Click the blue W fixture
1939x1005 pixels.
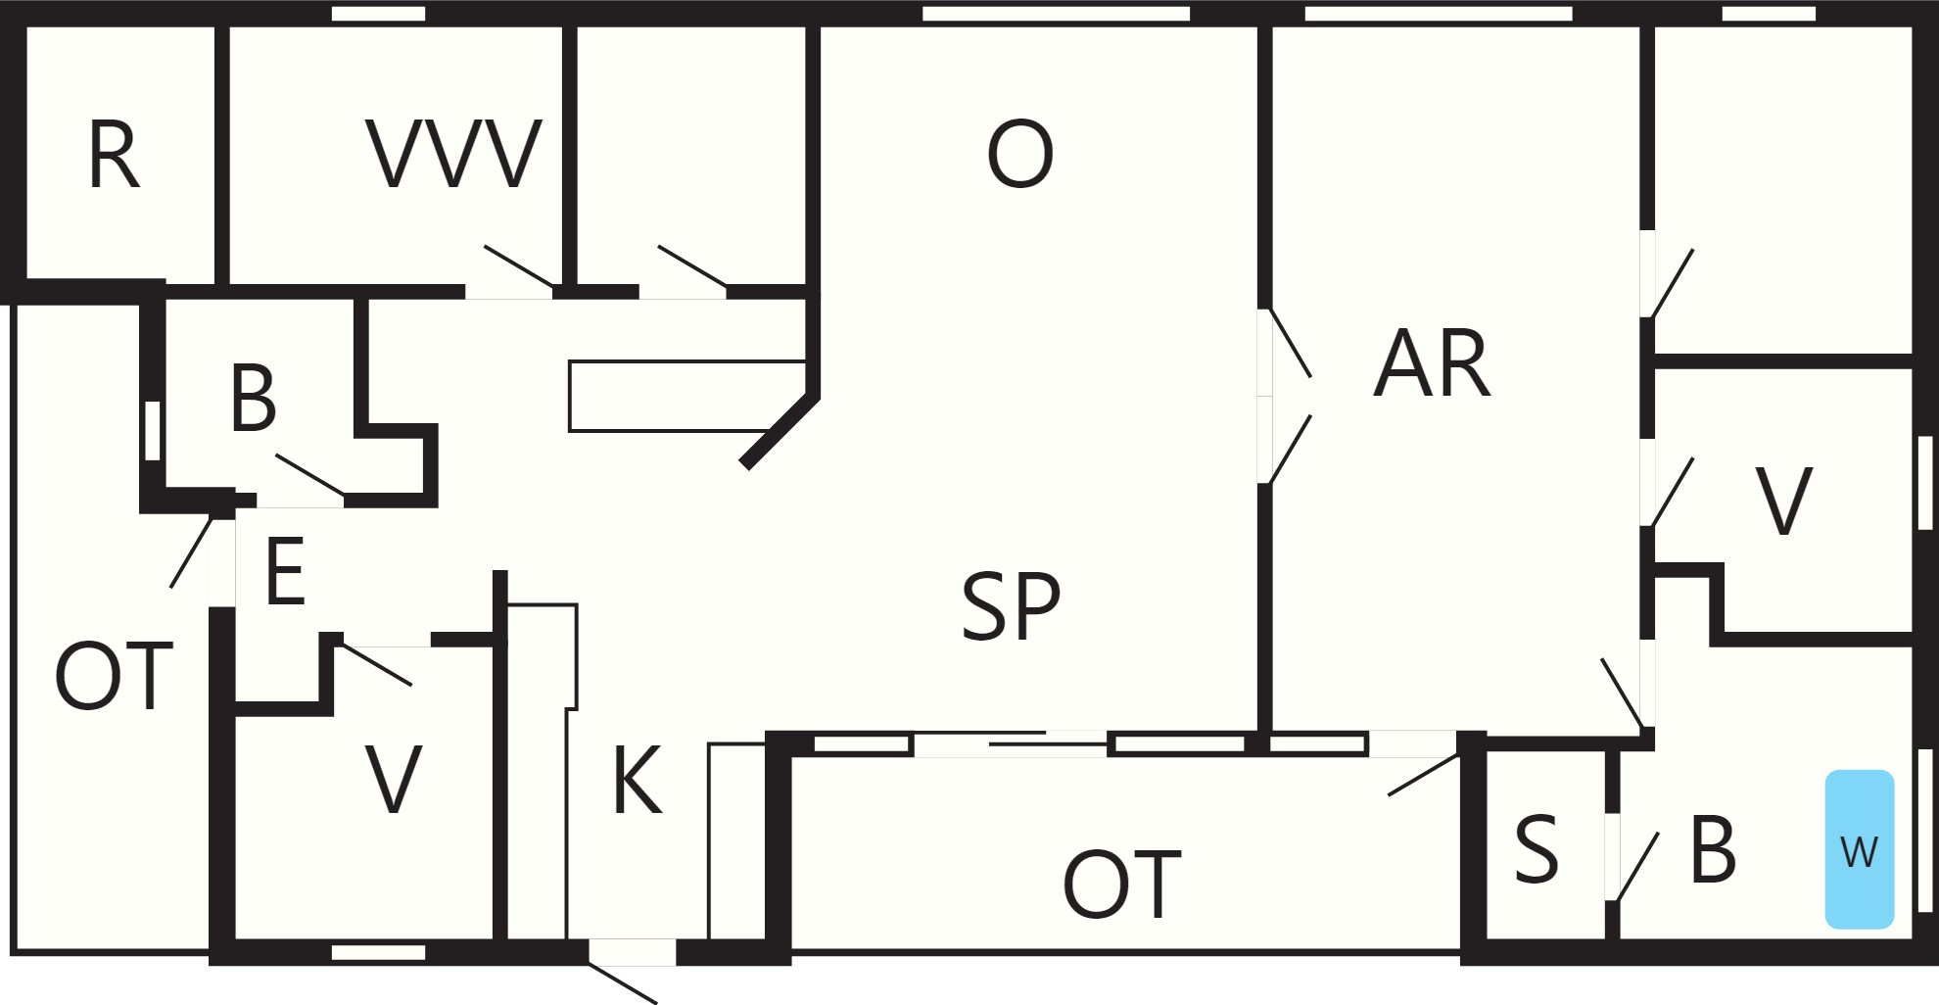click(x=1859, y=849)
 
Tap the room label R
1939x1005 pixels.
click(x=114, y=155)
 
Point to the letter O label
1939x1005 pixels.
click(x=1019, y=154)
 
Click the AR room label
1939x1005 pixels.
click(x=1432, y=363)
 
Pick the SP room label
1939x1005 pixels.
click(x=1011, y=606)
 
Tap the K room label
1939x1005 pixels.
click(x=638, y=780)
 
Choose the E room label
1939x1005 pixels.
click(x=285, y=571)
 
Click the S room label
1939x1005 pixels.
click(x=1536, y=849)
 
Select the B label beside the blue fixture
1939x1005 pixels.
click(x=1713, y=849)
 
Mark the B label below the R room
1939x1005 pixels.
click(x=253, y=398)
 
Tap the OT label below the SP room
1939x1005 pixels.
click(x=1122, y=885)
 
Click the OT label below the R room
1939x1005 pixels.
click(x=114, y=676)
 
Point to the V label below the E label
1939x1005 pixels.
click(x=393, y=780)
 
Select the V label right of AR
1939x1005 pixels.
click(x=1784, y=502)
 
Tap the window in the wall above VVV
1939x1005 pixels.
click(x=378, y=14)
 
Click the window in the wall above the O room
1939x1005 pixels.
click(x=1056, y=14)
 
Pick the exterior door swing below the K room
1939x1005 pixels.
click(x=622, y=982)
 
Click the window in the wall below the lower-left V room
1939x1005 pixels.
click(x=378, y=952)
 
